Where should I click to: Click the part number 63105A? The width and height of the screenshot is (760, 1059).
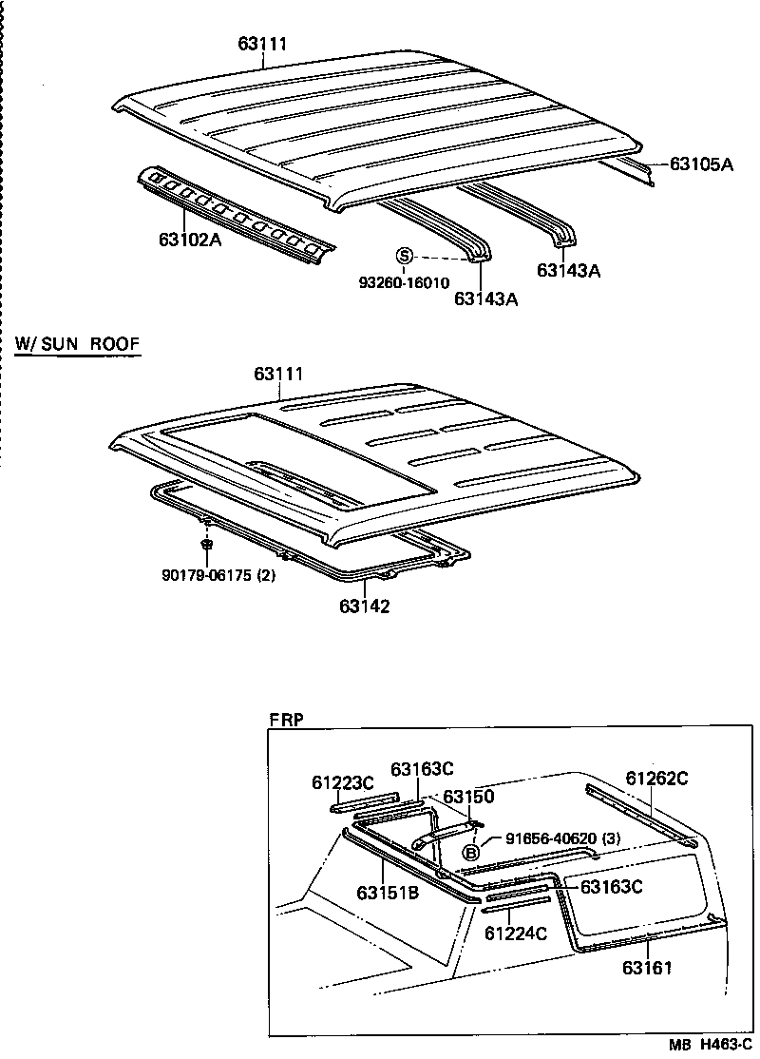(x=701, y=164)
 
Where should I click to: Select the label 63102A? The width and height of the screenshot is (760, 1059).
(x=190, y=240)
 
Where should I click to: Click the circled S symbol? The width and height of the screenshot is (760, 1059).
(x=404, y=256)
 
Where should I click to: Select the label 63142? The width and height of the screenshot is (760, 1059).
(x=365, y=606)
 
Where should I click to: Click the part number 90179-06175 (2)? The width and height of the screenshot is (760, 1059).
(x=218, y=574)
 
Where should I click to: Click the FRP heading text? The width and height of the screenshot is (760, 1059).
(x=286, y=720)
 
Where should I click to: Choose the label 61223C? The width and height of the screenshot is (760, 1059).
(x=343, y=782)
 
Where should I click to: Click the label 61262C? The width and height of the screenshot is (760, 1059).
(x=656, y=779)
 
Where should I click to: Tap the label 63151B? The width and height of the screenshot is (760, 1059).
(x=389, y=893)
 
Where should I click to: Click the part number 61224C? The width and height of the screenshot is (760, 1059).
(x=516, y=934)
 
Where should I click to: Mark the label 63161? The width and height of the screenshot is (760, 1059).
(x=647, y=968)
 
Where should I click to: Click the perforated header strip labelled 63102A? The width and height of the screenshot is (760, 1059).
(x=237, y=213)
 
